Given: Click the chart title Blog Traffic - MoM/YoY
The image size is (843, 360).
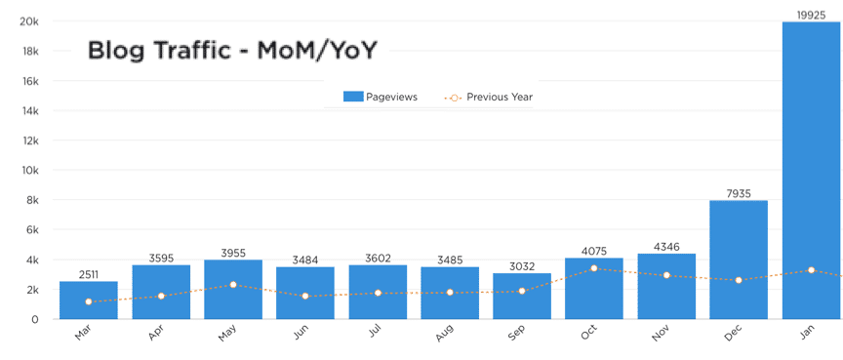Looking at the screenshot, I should click(233, 51).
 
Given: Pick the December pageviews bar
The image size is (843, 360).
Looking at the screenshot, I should click(739, 259).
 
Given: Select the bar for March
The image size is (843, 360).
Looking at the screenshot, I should click(89, 300).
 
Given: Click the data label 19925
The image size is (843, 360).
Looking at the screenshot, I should click(811, 14).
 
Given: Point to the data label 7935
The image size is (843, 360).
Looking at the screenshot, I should click(739, 193).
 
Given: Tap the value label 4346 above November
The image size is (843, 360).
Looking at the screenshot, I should click(666, 247).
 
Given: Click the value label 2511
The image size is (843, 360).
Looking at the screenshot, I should click(89, 274).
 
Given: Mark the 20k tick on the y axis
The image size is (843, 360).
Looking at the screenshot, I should click(28, 21).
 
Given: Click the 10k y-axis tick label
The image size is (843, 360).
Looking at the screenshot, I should click(28, 170).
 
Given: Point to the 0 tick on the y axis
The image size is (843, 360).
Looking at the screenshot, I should click(35, 319).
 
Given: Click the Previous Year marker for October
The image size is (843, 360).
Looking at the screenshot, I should click(594, 268).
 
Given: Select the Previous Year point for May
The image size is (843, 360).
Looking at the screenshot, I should click(233, 285).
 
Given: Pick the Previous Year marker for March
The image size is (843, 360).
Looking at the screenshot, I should click(89, 301).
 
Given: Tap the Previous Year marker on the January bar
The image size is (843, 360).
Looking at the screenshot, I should click(811, 270).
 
